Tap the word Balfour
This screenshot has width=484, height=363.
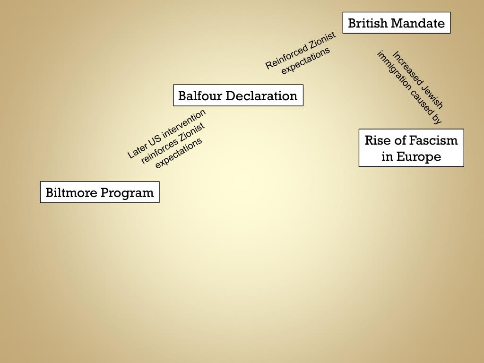tap(199, 96)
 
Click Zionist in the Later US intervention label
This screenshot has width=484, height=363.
tap(193, 133)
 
